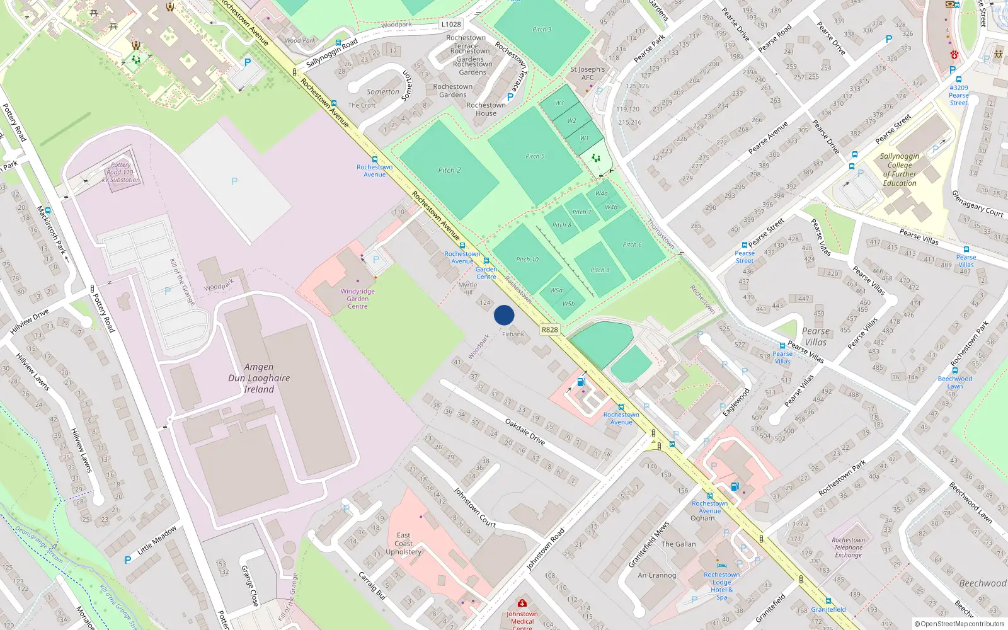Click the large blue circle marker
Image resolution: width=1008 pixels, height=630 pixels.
504,315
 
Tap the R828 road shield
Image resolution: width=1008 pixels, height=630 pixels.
549,329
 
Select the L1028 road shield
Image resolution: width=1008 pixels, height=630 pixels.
451,25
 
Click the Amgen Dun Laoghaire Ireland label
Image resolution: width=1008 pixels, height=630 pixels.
259,378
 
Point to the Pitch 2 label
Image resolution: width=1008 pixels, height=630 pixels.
450,170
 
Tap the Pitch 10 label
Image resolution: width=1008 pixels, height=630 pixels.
527,260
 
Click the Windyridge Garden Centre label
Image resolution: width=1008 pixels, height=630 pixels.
358,299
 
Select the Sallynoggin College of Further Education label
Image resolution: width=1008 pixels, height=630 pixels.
900,169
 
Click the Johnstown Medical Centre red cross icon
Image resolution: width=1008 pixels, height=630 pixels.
522,604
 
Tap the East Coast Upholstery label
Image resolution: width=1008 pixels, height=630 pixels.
404,544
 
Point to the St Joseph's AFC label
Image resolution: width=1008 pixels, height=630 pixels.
587,73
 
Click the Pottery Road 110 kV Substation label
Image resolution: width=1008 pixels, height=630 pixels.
121,172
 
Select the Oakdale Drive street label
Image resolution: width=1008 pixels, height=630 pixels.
525,432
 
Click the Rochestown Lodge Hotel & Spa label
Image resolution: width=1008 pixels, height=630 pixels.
722,586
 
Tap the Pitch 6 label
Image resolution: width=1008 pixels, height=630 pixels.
633,244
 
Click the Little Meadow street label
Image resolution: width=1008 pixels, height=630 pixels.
157,540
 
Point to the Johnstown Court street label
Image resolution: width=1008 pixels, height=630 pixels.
474,507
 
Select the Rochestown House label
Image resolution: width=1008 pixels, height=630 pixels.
486,109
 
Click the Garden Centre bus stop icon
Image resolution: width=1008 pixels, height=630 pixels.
486,261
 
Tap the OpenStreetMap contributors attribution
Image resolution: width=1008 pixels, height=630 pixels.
959,624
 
